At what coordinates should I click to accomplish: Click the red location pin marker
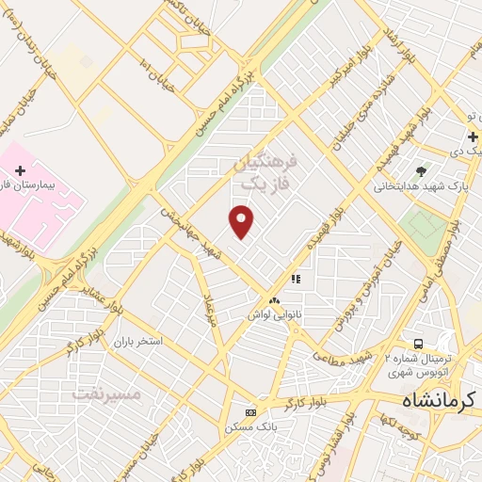242,222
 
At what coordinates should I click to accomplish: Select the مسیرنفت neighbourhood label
105,393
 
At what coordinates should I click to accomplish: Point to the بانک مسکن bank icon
249,412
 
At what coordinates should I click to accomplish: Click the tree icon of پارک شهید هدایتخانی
420,171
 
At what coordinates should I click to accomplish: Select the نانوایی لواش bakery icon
274,300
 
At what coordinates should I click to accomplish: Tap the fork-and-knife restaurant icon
295,279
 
